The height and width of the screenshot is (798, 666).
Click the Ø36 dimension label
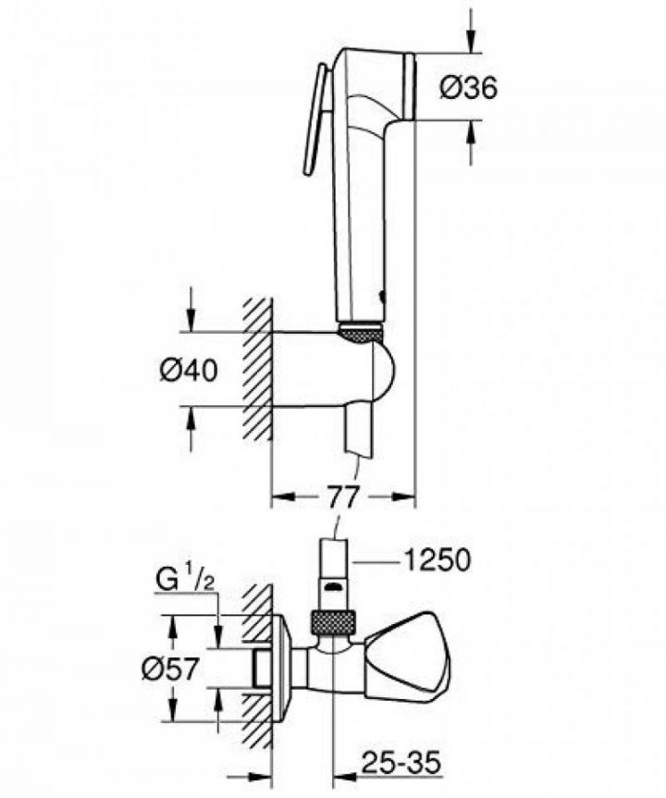point(467,88)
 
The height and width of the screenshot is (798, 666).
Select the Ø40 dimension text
point(188,370)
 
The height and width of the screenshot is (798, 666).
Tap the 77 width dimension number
point(343,497)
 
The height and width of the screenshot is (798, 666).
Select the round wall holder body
point(370,374)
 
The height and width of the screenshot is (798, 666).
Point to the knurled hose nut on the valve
point(335,621)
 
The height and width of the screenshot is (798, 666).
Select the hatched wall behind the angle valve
point(256,666)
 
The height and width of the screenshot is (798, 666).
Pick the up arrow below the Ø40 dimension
point(191,421)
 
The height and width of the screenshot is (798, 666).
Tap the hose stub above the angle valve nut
point(335,573)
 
